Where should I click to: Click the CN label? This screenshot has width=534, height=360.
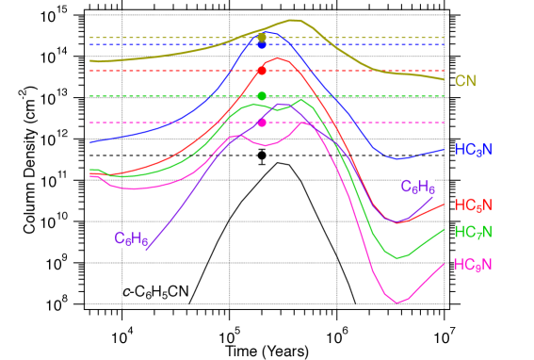point(465,82)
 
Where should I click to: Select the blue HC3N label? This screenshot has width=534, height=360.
point(473,150)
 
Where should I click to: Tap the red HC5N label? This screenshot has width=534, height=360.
point(473,205)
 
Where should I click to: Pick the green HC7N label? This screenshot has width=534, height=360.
point(473,233)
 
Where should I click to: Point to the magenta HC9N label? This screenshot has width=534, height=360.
point(473,266)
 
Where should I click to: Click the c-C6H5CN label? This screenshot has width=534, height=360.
point(155,292)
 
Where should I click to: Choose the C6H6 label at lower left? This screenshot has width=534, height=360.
point(131,239)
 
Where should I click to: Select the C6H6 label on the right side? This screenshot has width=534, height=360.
point(417,188)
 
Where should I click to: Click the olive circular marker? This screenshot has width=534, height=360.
point(262,38)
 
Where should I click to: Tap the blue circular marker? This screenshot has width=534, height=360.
point(262,44)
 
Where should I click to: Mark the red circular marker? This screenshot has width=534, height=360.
point(262,71)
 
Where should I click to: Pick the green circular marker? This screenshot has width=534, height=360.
point(262,96)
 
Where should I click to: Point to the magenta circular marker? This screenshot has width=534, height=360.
point(262,123)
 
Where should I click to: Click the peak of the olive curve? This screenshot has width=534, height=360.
point(293,19)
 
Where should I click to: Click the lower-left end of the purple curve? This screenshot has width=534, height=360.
point(147,251)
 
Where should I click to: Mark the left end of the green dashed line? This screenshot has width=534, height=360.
point(90,96)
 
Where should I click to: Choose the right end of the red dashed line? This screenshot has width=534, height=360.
point(444,71)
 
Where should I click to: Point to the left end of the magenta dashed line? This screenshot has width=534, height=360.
point(90,123)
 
